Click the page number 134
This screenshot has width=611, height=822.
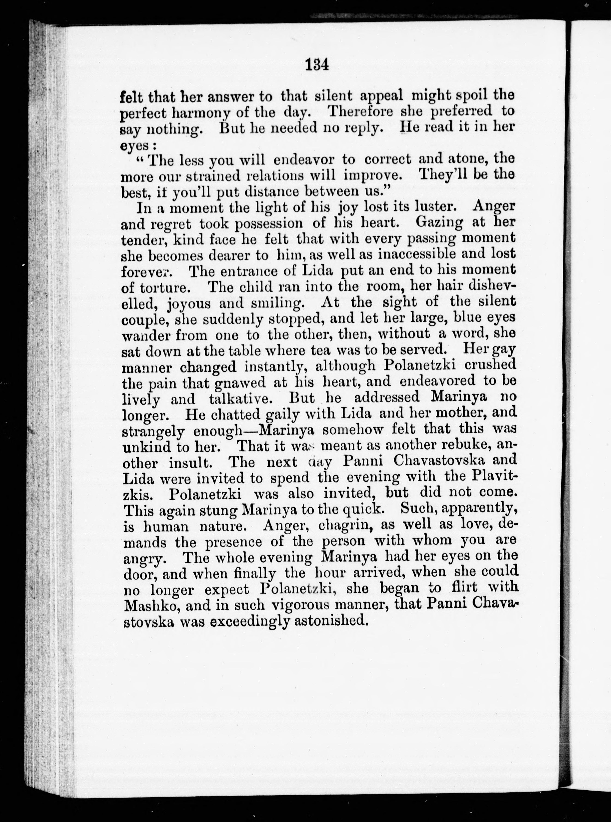point(317,65)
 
